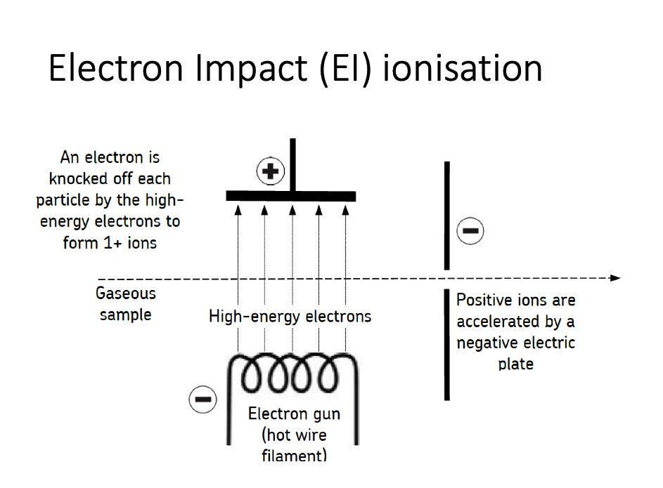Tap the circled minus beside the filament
[202, 400]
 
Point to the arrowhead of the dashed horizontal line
[616, 278]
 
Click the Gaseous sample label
[126, 304]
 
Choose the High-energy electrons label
[290, 317]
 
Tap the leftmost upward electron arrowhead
[238, 207]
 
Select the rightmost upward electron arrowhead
[346, 207]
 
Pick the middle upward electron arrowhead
[292, 207]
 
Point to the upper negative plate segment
[446, 215]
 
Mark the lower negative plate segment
[446, 344]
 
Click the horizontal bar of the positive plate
[290, 197]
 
